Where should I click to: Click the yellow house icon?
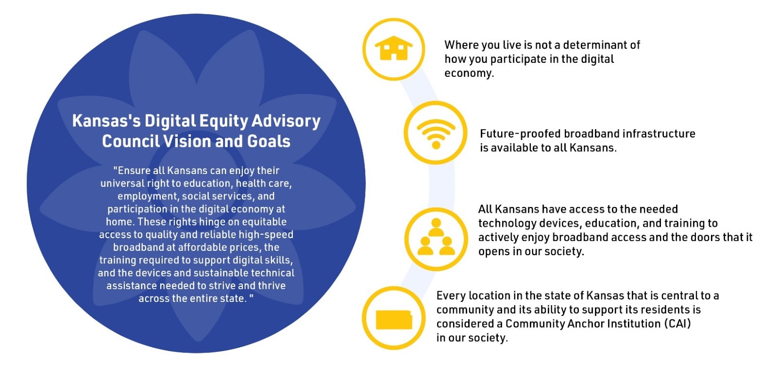[393, 49]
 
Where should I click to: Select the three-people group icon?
[436, 238]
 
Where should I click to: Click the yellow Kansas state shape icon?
[394, 320]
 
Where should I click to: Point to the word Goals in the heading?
[269, 141]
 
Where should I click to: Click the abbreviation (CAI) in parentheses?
[677, 324]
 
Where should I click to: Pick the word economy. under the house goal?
[469, 73]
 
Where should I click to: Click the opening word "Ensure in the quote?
[130, 171]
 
